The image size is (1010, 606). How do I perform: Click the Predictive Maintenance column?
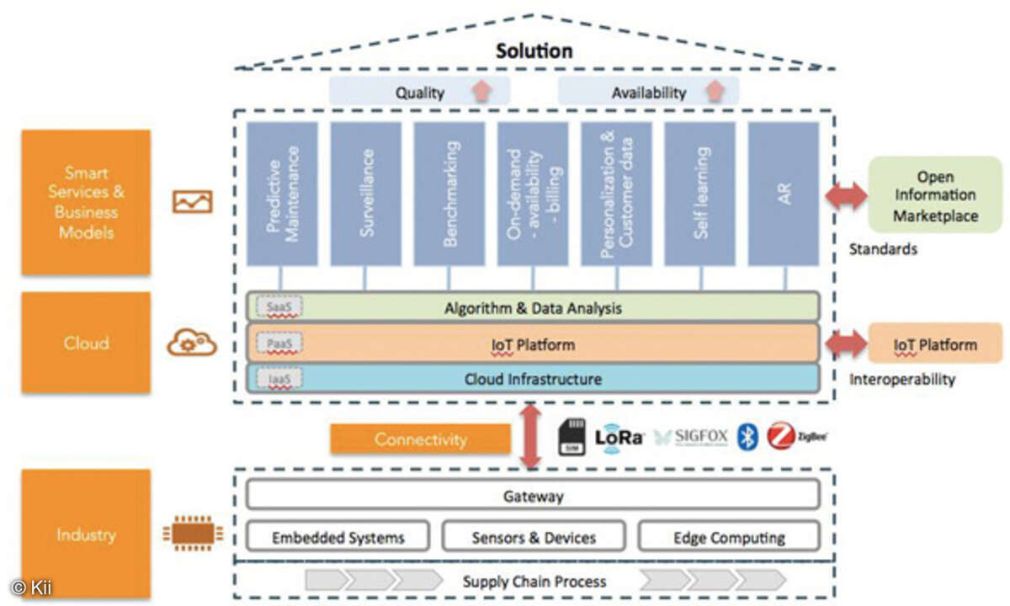(282, 194)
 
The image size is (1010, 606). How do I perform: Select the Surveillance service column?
(365, 194)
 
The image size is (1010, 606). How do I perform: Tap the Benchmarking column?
(449, 194)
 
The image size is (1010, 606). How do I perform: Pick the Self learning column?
(699, 194)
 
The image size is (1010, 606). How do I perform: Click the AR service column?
(783, 194)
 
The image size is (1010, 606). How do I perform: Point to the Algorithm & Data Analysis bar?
(532, 308)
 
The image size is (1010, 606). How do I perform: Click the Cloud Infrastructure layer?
(532, 379)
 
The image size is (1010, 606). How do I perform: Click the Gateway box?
(532, 496)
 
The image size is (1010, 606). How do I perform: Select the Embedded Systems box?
(338, 537)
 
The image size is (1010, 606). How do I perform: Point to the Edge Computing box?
(729, 537)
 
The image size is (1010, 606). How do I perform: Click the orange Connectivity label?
(420, 439)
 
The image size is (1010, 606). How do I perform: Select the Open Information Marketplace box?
(935, 196)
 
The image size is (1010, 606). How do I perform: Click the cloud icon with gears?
(192, 343)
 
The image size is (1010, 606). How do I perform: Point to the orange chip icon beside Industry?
(193, 533)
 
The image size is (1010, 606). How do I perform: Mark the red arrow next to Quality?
(480, 92)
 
